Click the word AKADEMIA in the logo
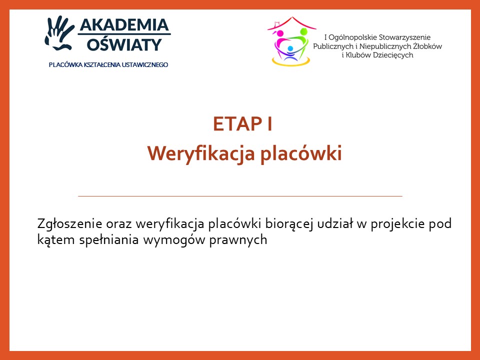pos(124,25)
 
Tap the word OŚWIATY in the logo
pos(124,44)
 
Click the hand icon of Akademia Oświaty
pos(59,33)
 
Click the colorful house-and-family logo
pos(291,41)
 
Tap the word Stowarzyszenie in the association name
pos(404,37)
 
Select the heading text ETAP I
pos(242,124)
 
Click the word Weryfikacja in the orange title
pos(201,153)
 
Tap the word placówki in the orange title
pos(301,153)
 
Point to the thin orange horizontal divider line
pos(240,196)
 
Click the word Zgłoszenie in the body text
pos(69,224)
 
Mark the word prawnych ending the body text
pos(238,239)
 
